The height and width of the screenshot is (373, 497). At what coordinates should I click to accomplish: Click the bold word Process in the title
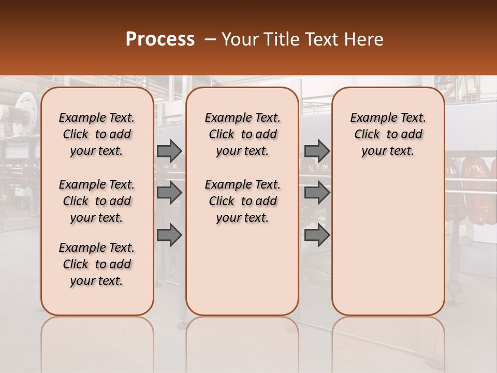[160, 39]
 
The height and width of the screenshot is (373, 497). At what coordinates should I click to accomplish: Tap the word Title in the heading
[281, 39]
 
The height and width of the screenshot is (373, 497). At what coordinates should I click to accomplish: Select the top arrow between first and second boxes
[169, 151]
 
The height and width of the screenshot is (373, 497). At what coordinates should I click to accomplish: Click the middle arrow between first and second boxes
[169, 193]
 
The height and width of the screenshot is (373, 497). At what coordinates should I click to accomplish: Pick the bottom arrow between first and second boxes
[169, 236]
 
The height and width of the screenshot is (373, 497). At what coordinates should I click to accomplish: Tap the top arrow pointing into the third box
[317, 151]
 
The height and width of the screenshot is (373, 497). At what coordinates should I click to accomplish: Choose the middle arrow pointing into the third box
[317, 193]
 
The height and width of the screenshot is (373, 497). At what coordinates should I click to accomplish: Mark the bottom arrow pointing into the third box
[317, 236]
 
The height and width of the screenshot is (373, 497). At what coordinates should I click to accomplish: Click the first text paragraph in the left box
[97, 134]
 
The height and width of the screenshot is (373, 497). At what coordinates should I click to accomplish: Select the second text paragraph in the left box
[97, 201]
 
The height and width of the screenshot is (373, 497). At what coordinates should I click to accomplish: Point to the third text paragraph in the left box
[97, 264]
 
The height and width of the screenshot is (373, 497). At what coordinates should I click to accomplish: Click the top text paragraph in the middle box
[242, 134]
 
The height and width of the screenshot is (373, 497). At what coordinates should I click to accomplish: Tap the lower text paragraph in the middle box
[242, 201]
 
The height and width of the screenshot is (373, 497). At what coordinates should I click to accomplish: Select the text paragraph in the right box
[388, 134]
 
